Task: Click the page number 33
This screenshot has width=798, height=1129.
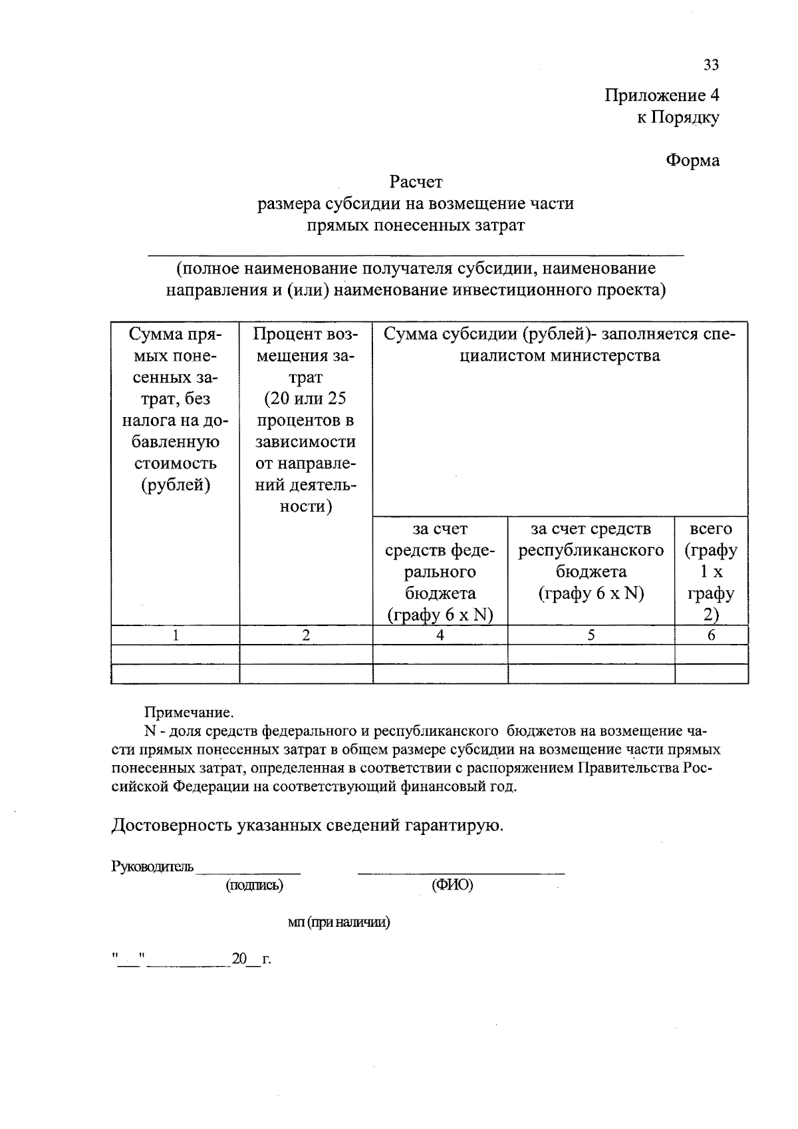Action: click(711, 65)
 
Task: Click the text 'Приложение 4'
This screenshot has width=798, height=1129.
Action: click(662, 95)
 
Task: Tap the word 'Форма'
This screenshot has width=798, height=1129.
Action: click(693, 160)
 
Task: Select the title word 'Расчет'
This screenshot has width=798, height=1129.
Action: click(416, 181)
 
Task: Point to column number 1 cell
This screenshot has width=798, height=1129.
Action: click(176, 635)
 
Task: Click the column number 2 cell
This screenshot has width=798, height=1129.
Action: click(306, 635)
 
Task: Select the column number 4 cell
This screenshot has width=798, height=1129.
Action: click(440, 635)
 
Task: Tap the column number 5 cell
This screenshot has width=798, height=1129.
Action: click(591, 635)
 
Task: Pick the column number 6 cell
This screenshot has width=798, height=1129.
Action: click(711, 635)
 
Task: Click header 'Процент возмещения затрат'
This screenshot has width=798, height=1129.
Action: click(306, 420)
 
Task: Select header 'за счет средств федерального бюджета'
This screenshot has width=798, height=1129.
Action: click(440, 571)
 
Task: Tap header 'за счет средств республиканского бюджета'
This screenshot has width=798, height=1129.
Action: click(591, 560)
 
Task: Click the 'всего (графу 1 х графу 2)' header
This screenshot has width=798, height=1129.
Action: click(711, 571)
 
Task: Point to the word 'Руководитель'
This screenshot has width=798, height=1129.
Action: click(152, 866)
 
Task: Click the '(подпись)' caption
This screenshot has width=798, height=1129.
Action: click(255, 885)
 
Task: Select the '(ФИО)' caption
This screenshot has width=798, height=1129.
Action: click(452, 885)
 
